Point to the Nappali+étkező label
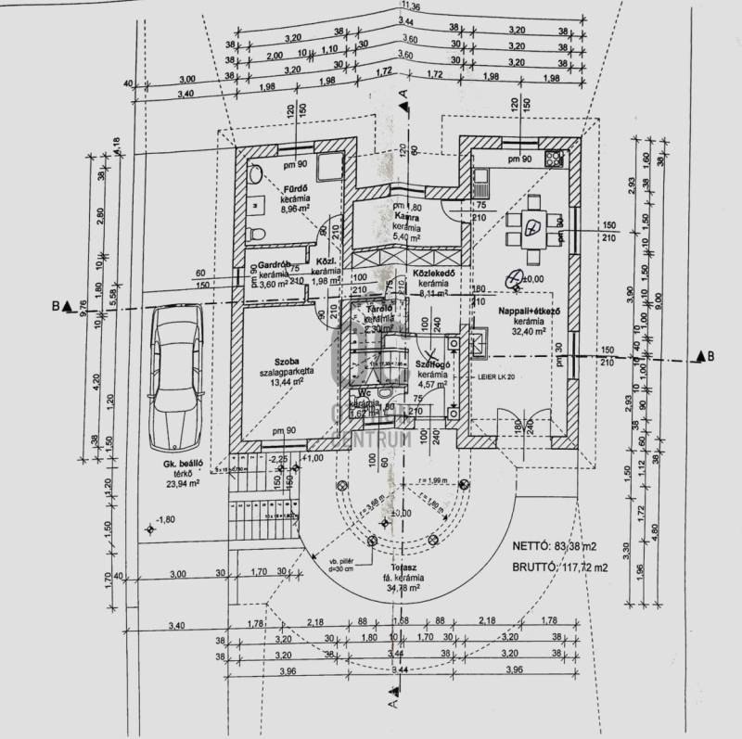(530, 312)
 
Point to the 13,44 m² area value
(291, 380)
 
